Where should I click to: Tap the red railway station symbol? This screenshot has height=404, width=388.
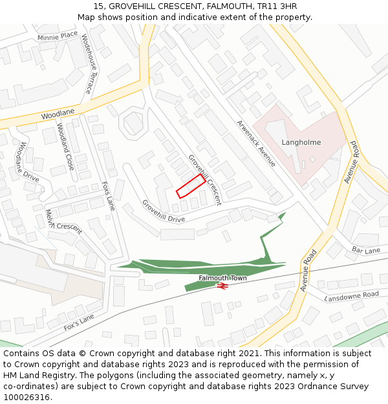(222, 285)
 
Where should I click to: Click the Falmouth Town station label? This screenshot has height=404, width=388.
(222, 278)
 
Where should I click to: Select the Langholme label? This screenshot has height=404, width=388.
(301, 142)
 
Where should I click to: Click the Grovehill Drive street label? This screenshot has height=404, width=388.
(164, 211)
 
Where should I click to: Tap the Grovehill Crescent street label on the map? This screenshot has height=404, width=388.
(204, 180)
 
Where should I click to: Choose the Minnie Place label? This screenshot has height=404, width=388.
(58, 36)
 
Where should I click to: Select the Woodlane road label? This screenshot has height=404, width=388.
(58, 114)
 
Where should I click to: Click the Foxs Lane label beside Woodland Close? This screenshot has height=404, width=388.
(108, 196)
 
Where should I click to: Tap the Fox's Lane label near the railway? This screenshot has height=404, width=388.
(79, 322)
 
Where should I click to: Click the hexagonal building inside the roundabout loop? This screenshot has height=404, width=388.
(133, 122)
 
